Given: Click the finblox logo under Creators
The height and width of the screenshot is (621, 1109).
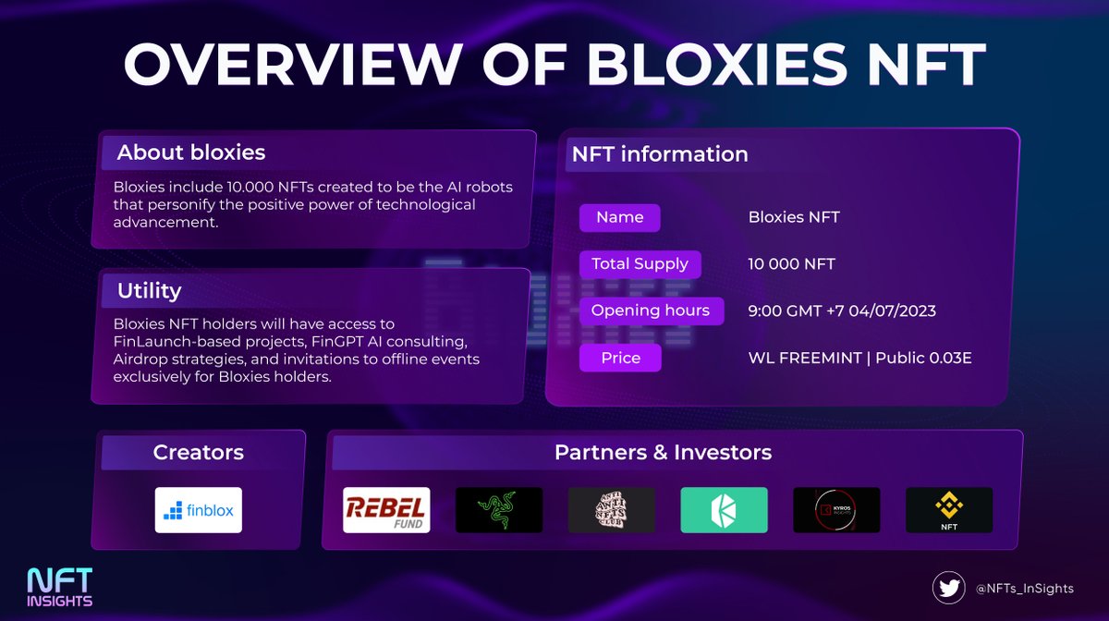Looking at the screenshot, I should pyautogui.click(x=198, y=510).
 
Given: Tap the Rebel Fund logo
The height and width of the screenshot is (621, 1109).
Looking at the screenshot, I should pyautogui.click(x=386, y=510).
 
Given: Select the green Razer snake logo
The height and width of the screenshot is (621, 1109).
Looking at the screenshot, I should pyautogui.click(x=499, y=510).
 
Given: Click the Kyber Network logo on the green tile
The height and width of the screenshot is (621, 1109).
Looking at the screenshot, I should pyautogui.click(x=725, y=510).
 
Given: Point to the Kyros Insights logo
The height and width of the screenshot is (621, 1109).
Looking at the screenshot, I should pyautogui.click(x=836, y=510).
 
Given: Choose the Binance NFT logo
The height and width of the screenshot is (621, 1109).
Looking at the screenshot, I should pyautogui.click(x=949, y=510).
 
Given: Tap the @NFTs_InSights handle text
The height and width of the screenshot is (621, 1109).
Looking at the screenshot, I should pyautogui.click(x=1024, y=587).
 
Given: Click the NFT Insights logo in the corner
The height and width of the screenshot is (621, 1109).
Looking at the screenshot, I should pyautogui.click(x=60, y=586).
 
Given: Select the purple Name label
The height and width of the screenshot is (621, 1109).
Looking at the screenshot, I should pyautogui.click(x=619, y=218).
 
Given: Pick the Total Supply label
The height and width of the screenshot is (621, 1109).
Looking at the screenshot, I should pyautogui.click(x=640, y=264).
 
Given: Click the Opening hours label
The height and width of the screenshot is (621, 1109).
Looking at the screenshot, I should pyautogui.click(x=650, y=310).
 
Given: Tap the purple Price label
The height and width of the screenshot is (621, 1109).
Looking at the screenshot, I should pyautogui.click(x=620, y=358).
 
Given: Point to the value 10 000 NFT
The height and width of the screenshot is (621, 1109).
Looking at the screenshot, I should pyautogui.click(x=791, y=264).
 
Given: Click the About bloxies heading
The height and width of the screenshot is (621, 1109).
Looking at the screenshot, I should pyautogui.click(x=190, y=152).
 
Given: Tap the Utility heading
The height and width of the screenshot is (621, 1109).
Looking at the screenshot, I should pyautogui.click(x=149, y=291).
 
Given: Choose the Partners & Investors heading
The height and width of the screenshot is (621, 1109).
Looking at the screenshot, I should pyautogui.click(x=663, y=453).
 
